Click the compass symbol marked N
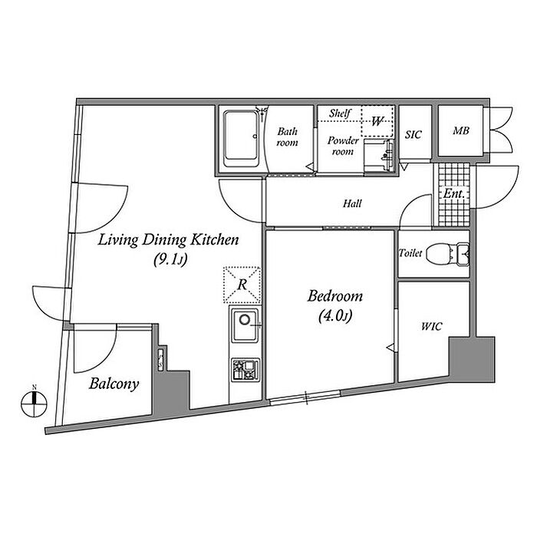(x=34, y=404)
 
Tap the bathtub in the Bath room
(x=241, y=138)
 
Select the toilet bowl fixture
(x=448, y=254)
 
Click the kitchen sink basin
(x=245, y=325)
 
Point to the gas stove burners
(x=245, y=370)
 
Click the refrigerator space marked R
(x=242, y=285)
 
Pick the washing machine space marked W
(x=377, y=121)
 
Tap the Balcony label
(x=114, y=384)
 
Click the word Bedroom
(x=334, y=296)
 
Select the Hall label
(x=352, y=204)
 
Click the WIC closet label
(x=431, y=326)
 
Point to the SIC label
(x=413, y=134)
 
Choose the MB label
(x=460, y=130)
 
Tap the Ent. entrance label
(x=454, y=193)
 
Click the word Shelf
(x=340, y=113)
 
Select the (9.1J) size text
(x=170, y=260)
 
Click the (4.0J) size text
(x=335, y=316)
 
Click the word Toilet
(x=410, y=253)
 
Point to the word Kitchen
(x=214, y=239)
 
